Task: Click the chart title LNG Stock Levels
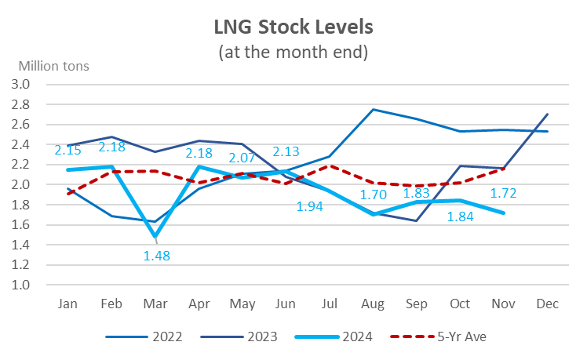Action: (293, 27)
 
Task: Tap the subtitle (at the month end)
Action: (293, 53)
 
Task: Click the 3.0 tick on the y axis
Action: (20, 84)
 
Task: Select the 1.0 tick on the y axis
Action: (20, 285)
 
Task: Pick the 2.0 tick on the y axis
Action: (20, 184)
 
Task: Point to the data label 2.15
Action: (69, 151)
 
